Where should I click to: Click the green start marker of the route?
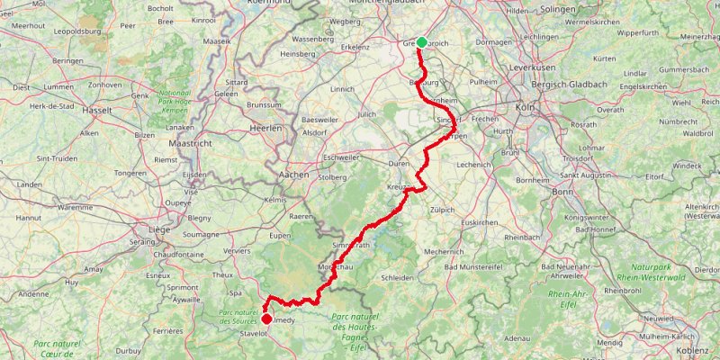tap(421, 41)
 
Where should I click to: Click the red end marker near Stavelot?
tap(266, 318)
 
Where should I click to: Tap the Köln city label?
tap(526, 107)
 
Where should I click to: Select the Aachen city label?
tap(294, 173)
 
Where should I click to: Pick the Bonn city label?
tap(562, 192)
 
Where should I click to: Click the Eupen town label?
tap(281, 236)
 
